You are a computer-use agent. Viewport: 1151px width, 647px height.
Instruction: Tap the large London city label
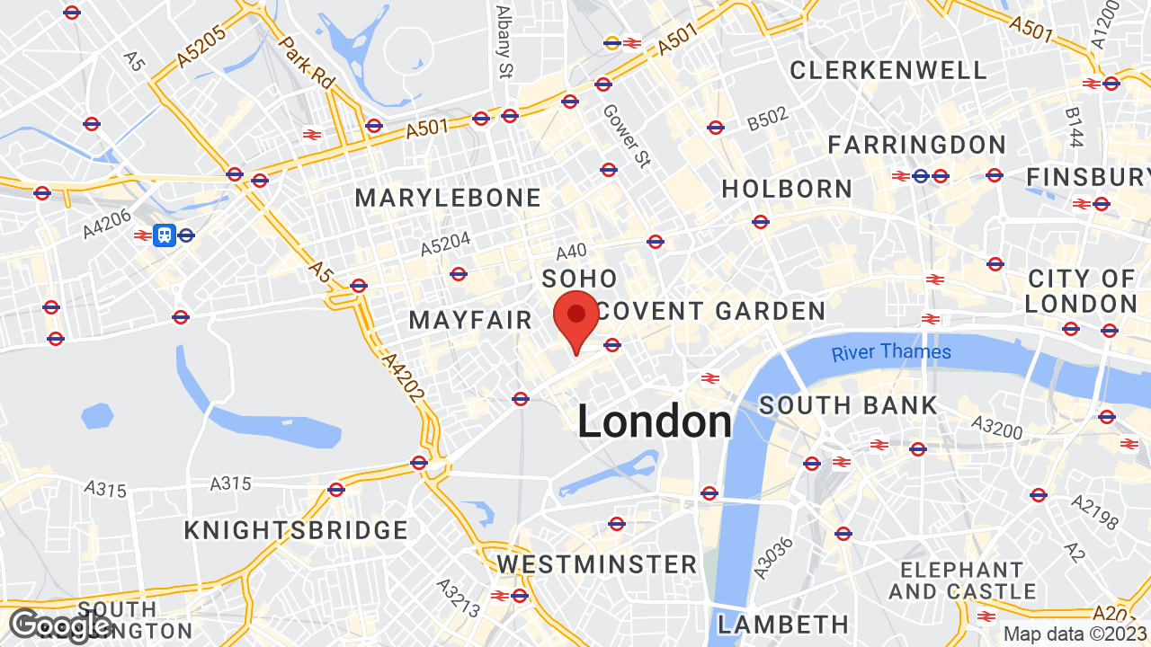655,421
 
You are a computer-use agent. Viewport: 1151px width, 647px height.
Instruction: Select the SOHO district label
579,279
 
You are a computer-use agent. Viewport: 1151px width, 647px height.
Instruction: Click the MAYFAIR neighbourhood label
471,320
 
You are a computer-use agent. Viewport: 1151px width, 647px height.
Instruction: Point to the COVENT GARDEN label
711,311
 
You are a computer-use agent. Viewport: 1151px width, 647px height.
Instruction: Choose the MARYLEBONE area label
449,198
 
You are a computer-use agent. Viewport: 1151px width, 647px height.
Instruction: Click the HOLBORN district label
787,189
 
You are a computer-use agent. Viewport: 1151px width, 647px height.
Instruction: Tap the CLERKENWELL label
888,70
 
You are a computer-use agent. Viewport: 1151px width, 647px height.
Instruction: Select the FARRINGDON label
917,145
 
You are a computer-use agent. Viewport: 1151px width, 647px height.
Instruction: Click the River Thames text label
891,351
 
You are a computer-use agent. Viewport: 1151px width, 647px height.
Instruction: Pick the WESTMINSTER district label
597,564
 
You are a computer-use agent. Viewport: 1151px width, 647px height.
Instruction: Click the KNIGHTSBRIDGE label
297,530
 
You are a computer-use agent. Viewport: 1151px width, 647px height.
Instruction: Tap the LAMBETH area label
783,624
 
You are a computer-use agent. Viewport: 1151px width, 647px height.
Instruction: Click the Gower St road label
626,137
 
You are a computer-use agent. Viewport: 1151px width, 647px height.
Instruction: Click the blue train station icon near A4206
164,235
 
